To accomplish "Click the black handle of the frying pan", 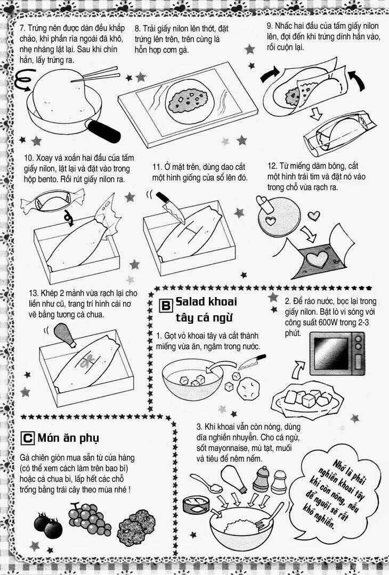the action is (104, 131).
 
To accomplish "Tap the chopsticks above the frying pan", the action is (95, 75).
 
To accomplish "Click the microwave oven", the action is (337, 354).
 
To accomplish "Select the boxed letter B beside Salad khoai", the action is (166, 305).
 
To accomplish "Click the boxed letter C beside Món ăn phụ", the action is (28, 438).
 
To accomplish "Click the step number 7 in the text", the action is (22, 28).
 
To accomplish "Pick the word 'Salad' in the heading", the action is (190, 301).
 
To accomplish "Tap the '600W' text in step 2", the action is (329, 323).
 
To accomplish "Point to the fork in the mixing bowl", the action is (270, 515).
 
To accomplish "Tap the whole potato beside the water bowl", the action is (248, 389).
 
